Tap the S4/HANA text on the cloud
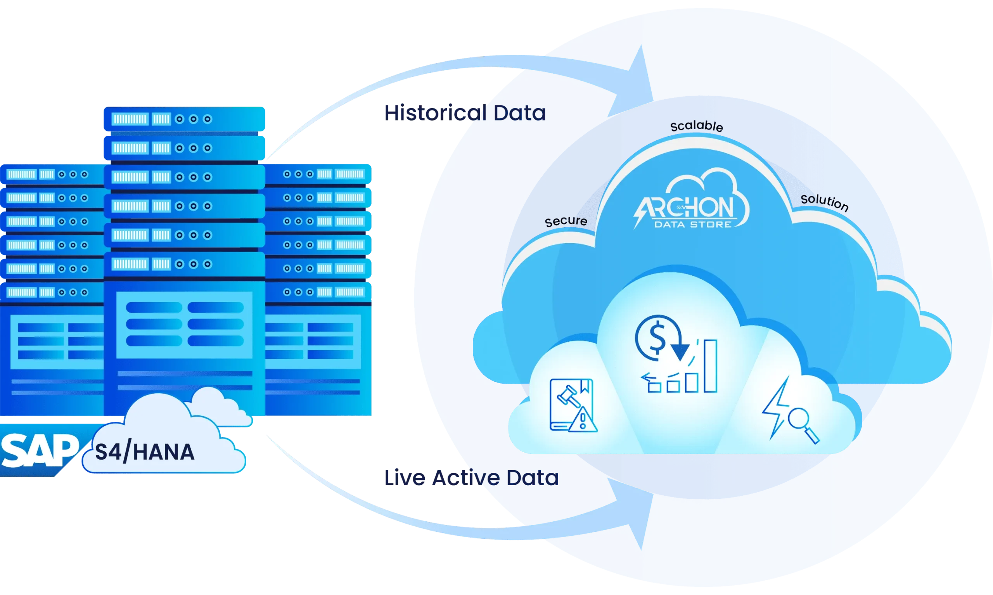coord(145,452)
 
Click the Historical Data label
coord(465,112)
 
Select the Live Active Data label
coord(471,477)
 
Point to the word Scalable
coord(697,126)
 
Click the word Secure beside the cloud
coord(566,221)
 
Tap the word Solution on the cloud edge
coord(824,202)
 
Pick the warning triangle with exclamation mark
coord(583,420)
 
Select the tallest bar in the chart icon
coord(710,366)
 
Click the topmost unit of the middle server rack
coord(184,119)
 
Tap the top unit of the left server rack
coord(52,175)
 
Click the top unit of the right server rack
coord(319,174)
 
